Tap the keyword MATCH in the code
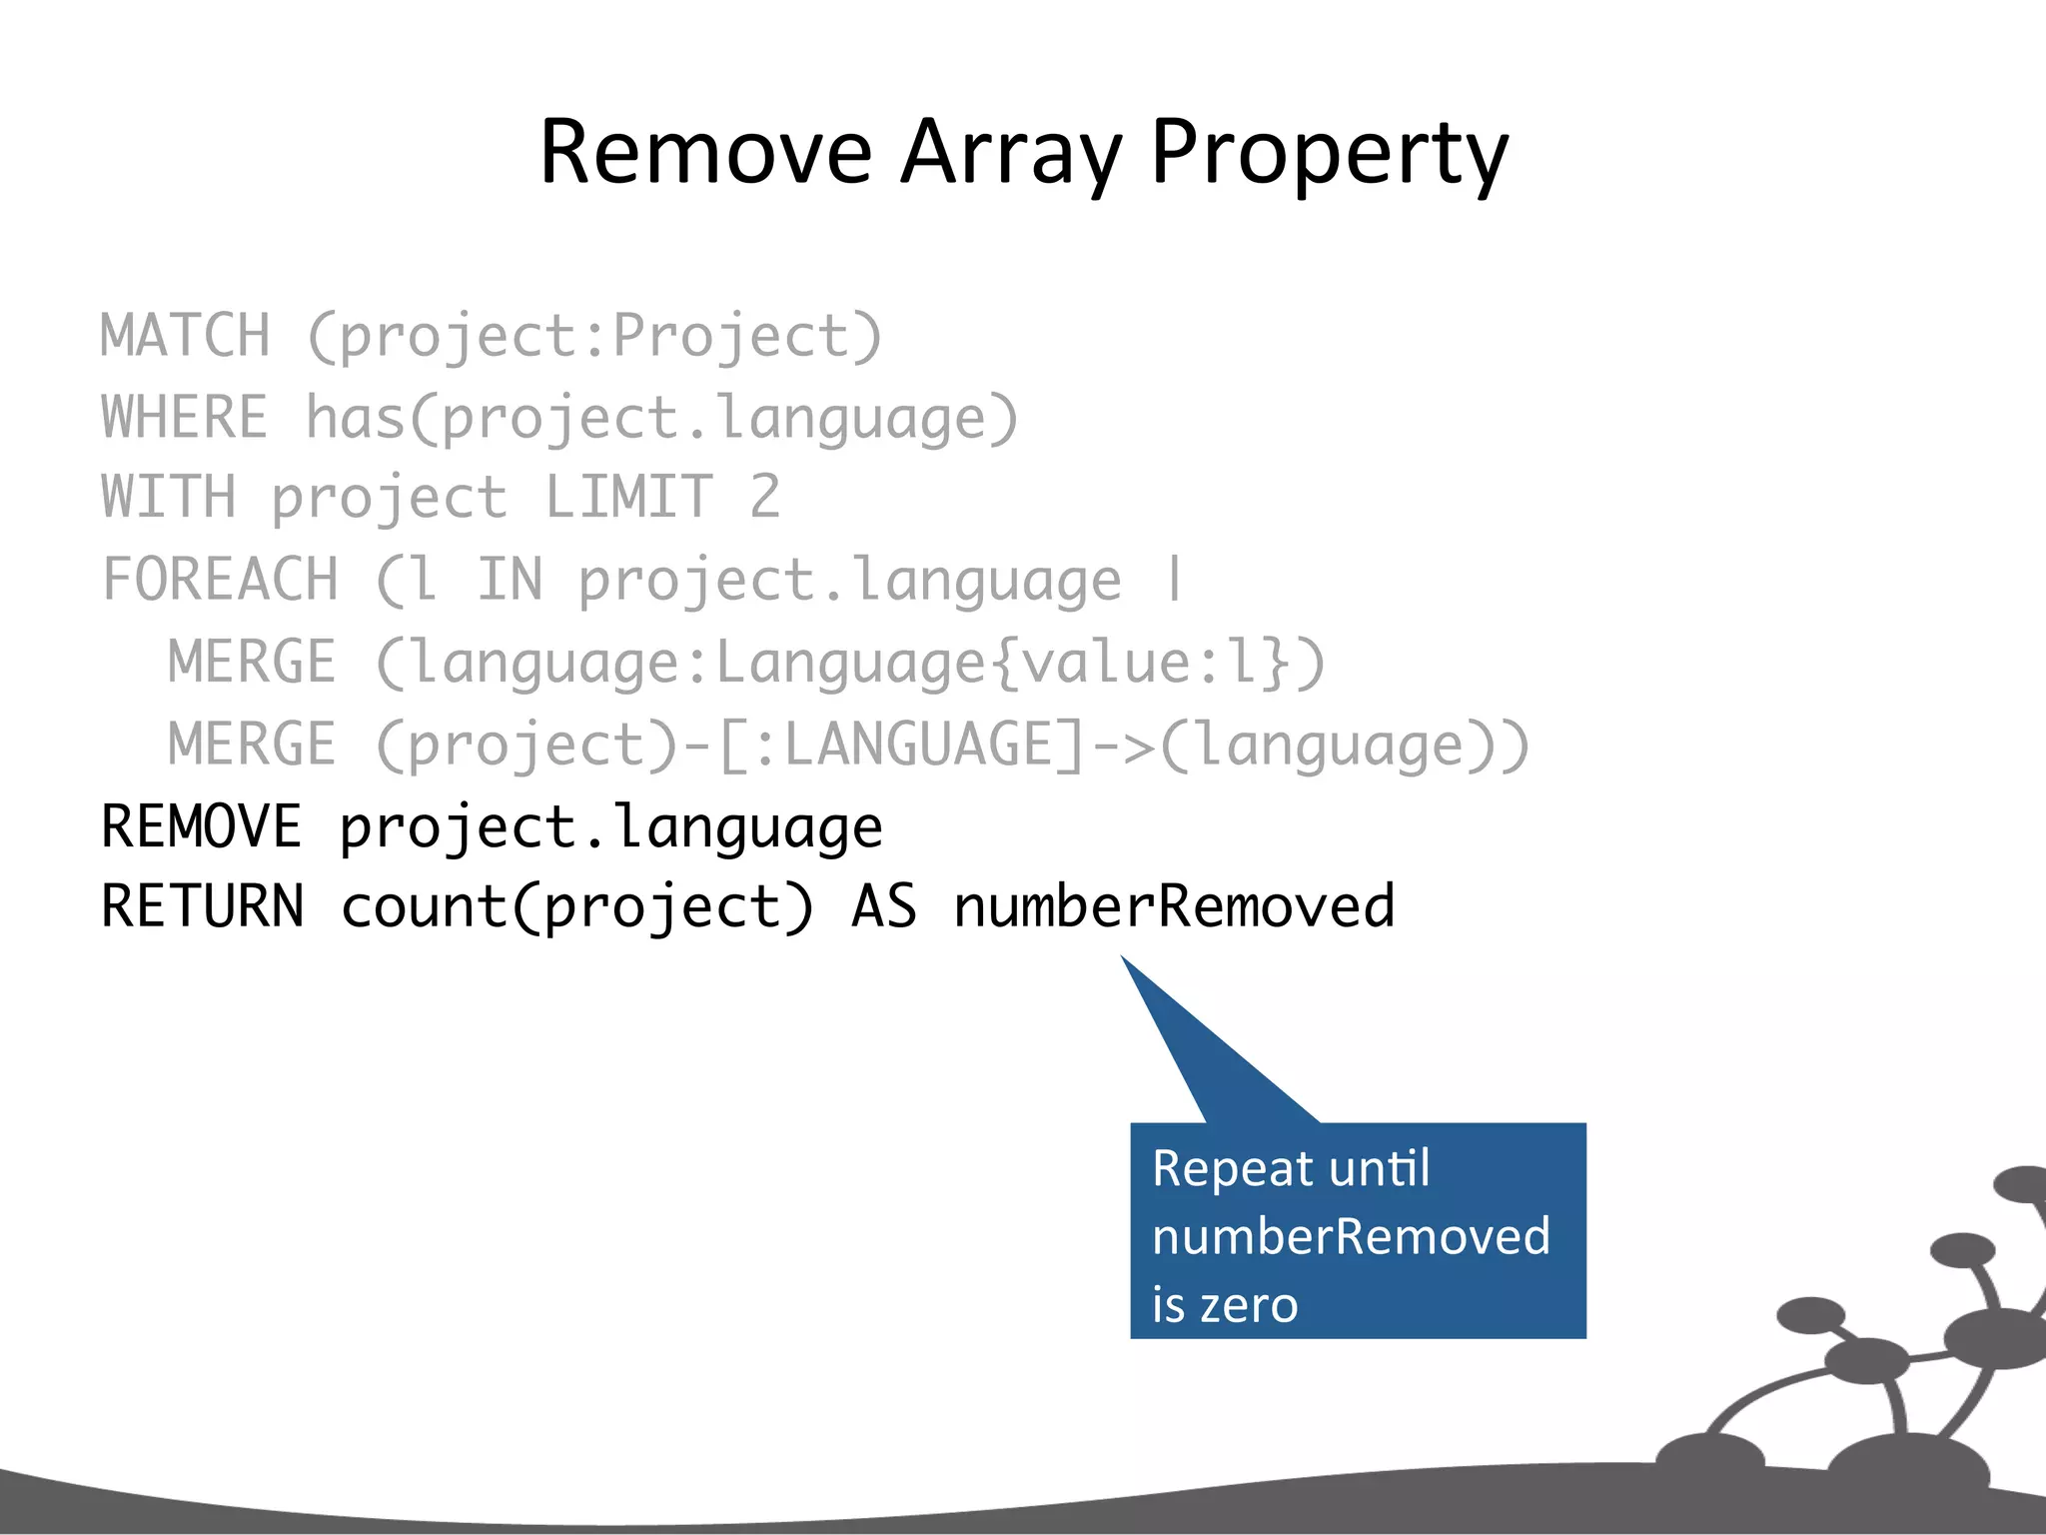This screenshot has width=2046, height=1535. (186, 336)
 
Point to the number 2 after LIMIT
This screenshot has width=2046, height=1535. (765, 497)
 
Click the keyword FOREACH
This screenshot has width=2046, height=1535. (221, 580)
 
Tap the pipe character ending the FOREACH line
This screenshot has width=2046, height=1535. (1175, 580)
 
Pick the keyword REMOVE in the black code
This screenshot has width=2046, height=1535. (201, 826)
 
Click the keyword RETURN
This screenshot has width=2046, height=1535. (203, 906)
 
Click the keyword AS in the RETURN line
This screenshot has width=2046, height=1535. (884, 906)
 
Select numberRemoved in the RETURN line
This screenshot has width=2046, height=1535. (1174, 906)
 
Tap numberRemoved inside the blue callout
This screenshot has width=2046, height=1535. (1351, 1236)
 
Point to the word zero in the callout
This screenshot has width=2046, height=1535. (1249, 1305)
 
